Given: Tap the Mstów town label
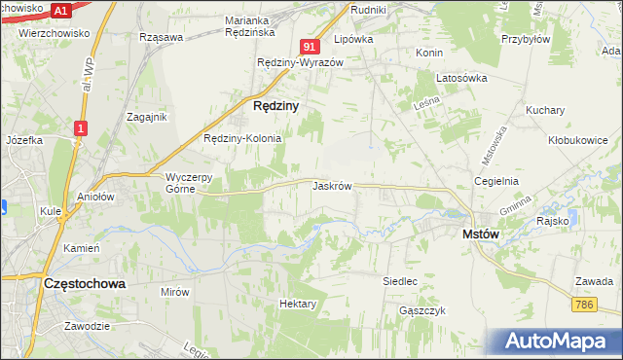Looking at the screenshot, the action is [481, 234].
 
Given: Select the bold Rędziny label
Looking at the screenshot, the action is [275, 104].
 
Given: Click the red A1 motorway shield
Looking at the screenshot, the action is [60, 10].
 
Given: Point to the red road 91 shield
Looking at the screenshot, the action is [310, 47].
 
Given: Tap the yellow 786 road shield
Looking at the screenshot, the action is [584, 306].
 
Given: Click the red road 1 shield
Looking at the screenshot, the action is [81, 127].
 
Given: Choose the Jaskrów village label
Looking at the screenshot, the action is [332, 185].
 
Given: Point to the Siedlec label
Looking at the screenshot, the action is [400, 281].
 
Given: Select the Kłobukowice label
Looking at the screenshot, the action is [577, 140].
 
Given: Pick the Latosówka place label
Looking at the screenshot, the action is [460, 79].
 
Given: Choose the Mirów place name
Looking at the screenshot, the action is [174, 291].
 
